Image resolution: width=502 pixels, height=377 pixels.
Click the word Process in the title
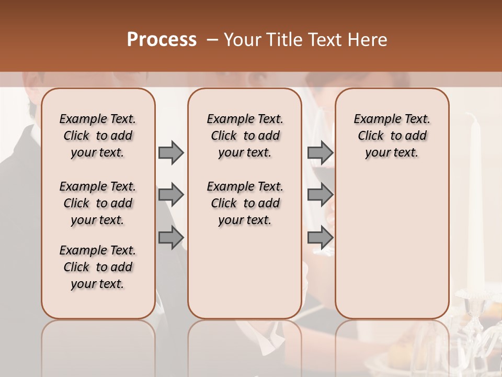point(162,40)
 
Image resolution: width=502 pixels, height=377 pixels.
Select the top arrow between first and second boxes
point(171,152)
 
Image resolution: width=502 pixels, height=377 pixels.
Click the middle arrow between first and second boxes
point(171,195)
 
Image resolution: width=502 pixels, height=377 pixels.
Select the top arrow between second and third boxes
point(320,152)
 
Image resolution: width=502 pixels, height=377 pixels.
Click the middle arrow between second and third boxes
point(320,195)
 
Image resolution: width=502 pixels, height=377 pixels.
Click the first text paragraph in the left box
point(98,136)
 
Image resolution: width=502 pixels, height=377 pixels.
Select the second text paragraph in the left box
point(98,203)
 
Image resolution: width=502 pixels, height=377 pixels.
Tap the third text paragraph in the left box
point(98,267)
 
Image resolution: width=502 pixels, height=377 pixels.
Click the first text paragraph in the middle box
point(245,136)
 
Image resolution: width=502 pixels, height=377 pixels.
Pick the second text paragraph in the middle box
point(245,203)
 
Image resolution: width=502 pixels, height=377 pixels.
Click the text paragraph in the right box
point(392,136)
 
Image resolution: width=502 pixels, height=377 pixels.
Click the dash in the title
point(212,40)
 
